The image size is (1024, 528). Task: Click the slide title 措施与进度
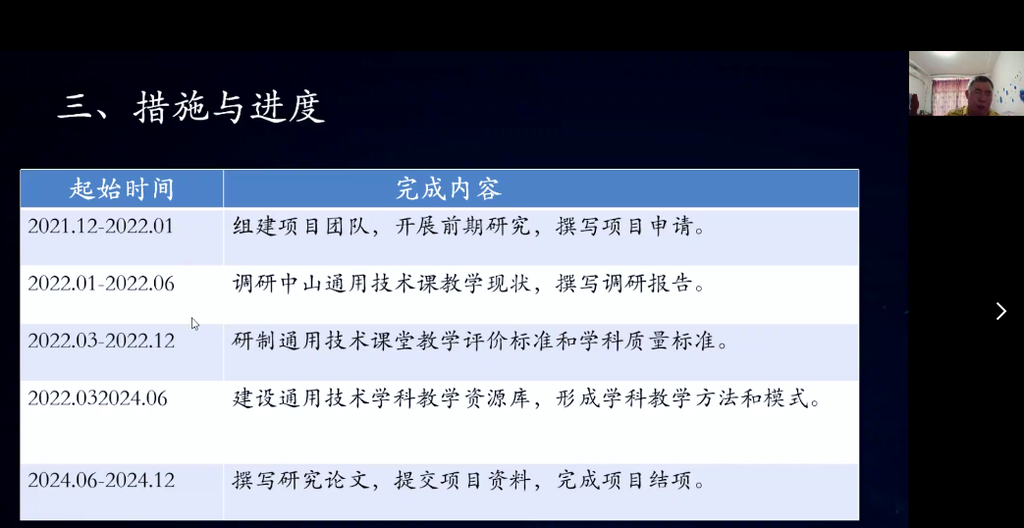tap(229, 108)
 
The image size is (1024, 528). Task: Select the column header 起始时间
tap(122, 189)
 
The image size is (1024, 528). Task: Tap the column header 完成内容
tap(449, 189)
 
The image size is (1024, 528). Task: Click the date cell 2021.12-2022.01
tap(100, 226)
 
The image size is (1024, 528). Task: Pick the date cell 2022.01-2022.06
tap(101, 284)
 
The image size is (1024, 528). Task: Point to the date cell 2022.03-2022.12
tap(101, 341)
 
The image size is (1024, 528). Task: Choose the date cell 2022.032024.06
tap(97, 398)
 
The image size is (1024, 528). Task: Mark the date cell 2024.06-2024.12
tap(101, 480)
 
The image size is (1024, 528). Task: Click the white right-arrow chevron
tap(1001, 311)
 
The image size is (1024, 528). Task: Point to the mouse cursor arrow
tap(194, 324)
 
